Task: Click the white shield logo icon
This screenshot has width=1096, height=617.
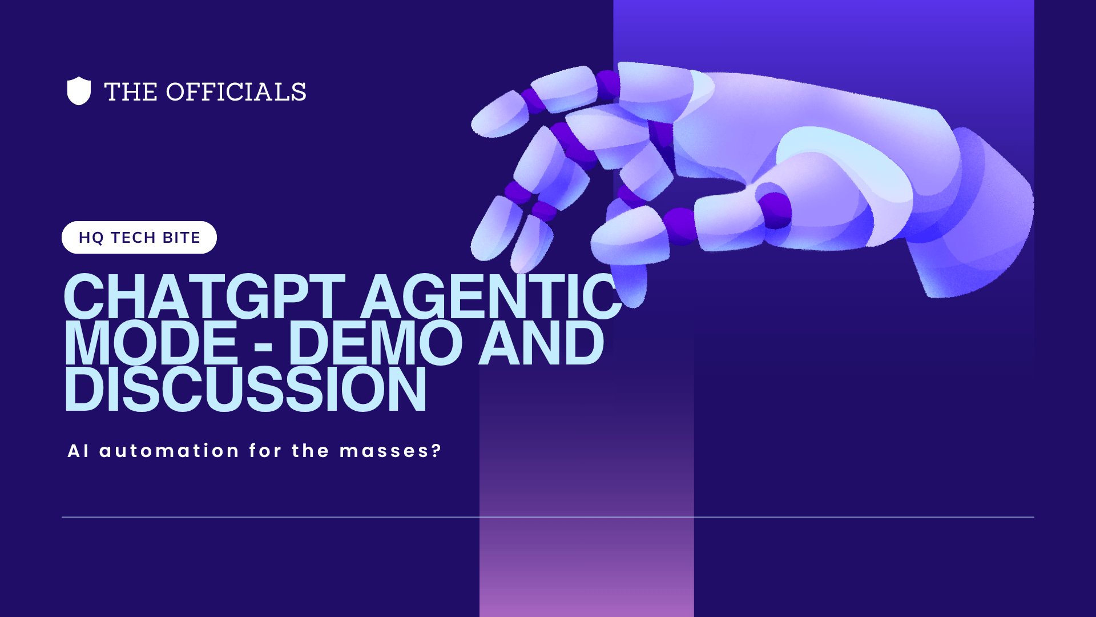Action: coord(79,91)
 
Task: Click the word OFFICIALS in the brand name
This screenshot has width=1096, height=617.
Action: coord(236,92)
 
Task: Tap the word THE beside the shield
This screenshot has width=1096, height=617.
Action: coord(131,92)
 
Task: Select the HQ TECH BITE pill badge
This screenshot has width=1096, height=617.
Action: coord(139,237)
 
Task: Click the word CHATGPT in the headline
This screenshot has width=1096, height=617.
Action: coord(204,297)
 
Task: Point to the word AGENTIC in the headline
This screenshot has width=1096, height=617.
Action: coord(491,297)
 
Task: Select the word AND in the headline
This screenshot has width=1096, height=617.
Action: coord(541,343)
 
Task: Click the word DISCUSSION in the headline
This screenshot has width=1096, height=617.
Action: coord(245,389)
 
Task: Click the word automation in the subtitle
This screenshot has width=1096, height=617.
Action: coord(169,451)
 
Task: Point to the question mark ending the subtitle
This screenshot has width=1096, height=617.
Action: coord(437,451)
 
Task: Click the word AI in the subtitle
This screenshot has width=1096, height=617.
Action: coord(78,451)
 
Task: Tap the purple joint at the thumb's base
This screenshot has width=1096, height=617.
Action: coord(775,210)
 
